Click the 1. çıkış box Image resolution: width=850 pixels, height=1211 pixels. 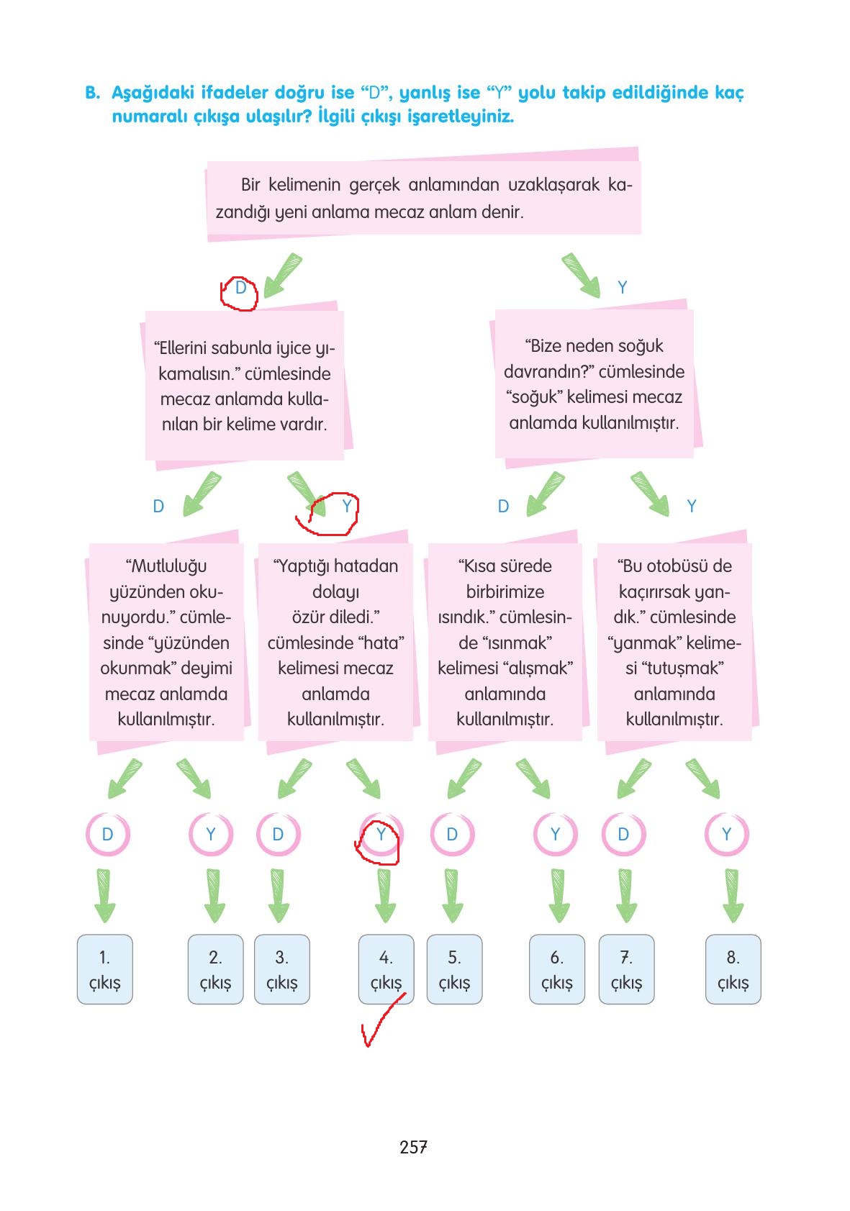[x=104, y=969]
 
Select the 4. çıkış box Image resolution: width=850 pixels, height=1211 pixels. [x=386, y=969]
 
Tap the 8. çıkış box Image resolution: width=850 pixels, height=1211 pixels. [x=733, y=969]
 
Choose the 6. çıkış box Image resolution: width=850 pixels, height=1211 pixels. [x=556, y=969]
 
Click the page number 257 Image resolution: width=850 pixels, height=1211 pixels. [x=414, y=1147]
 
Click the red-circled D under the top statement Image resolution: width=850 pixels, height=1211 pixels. [x=240, y=289]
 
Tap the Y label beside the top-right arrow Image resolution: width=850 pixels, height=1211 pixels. [x=623, y=288]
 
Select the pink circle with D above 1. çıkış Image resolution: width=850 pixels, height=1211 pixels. [x=107, y=835]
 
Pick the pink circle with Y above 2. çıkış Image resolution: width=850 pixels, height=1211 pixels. [x=211, y=835]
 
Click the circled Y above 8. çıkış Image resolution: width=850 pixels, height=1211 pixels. [x=726, y=835]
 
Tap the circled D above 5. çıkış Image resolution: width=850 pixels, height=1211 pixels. [x=452, y=835]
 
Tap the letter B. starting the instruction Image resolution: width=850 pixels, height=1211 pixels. [x=92, y=93]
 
